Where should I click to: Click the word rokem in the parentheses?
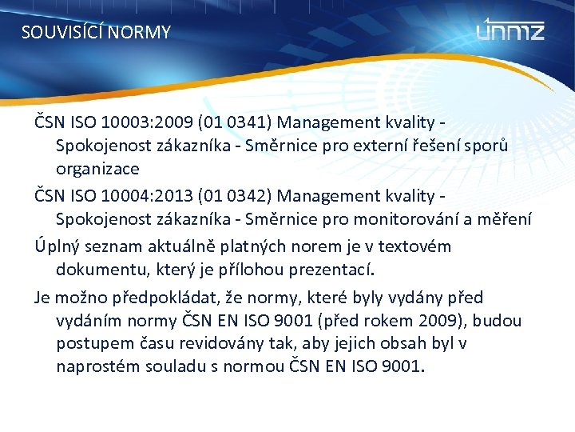tap(434, 321)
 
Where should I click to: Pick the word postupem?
tap(93, 344)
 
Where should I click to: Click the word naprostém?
tap(97, 367)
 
